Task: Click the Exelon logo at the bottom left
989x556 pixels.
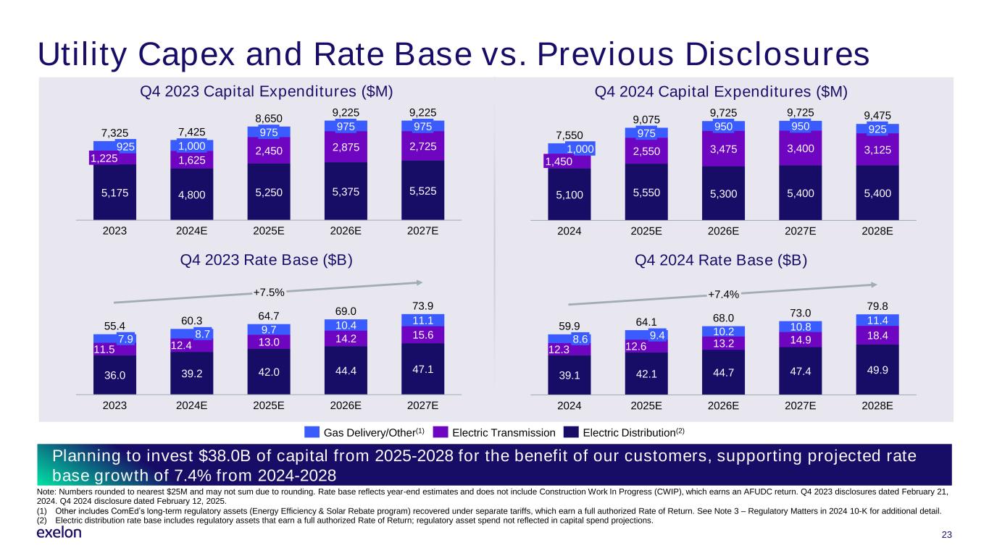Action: [x=59, y=533]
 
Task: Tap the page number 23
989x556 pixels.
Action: [x=945, y=535]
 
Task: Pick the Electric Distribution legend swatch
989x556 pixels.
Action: [x=572, y=432]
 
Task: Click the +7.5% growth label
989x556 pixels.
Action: [x=268, y=292]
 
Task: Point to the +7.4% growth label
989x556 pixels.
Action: [x=722, y=294]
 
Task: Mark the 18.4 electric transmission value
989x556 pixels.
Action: [x=877, y=334]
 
